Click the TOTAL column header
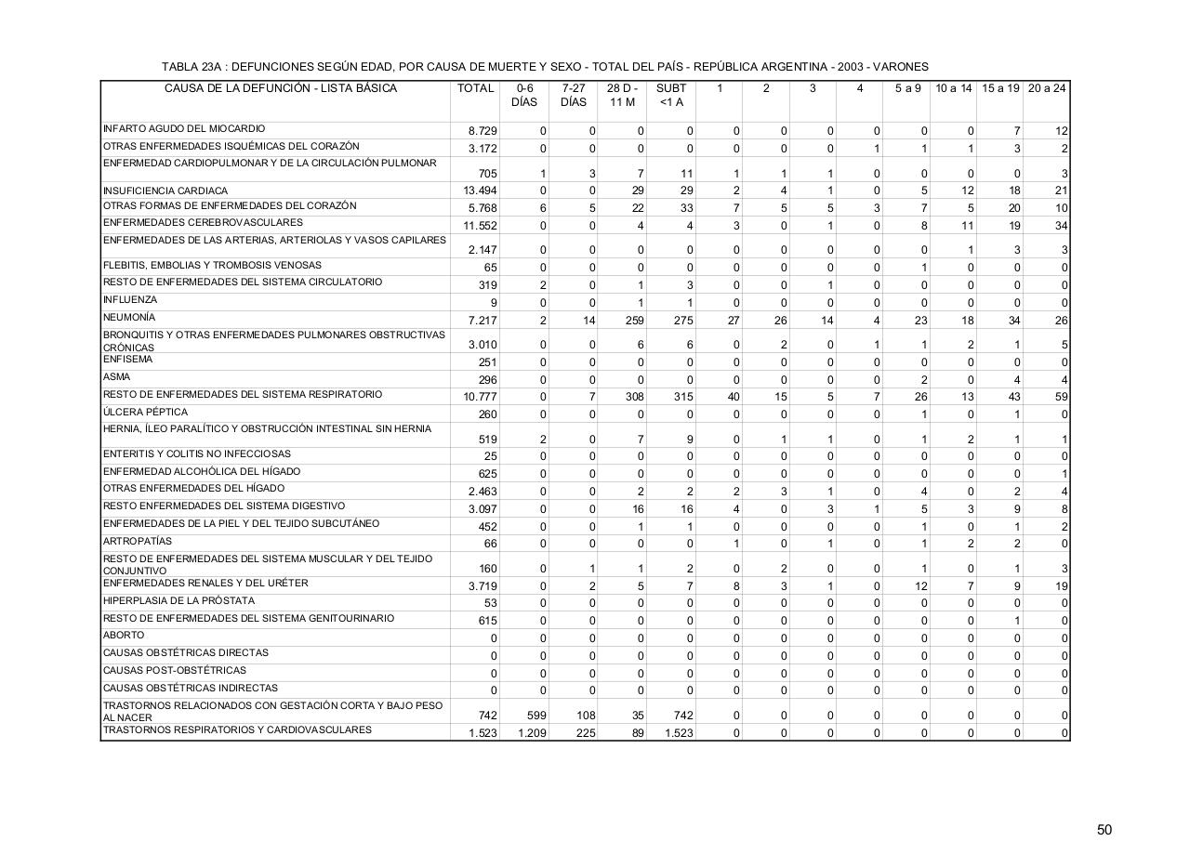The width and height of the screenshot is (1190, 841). click(x=475, y=88)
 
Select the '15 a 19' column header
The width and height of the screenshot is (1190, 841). click(x=1000, y=88)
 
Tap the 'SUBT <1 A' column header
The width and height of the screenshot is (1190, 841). click(x=671, y=95)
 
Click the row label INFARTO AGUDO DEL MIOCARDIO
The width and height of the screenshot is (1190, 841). click(x=184, y=128)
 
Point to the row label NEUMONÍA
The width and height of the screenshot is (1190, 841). click(x=129, y=318)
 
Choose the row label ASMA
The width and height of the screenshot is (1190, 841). click(x=117, y=377)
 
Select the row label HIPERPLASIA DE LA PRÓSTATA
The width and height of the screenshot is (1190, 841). click(x=178, y=600)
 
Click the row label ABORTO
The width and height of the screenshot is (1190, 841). click(x=124, y=636)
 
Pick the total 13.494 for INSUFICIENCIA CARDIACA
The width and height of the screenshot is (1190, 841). click(x=480, y=191)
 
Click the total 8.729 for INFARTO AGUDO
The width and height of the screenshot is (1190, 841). click(x=483, y=131)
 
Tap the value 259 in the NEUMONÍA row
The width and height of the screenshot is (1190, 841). click(x=635, y=321)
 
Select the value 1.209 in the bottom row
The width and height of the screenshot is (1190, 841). click(x=531, y=733)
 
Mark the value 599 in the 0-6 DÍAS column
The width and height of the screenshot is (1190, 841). click(x=535, y=716)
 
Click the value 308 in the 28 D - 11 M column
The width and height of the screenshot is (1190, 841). click(x=635, y=397)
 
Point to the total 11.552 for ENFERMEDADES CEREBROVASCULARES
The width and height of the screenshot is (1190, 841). click(x=480, y=226)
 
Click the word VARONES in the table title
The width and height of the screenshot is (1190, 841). click(x=900, y=67)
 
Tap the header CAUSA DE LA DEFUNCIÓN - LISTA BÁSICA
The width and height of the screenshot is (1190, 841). click(x=281, y=88)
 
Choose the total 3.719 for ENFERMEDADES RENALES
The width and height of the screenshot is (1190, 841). click(x=483, y=586)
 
